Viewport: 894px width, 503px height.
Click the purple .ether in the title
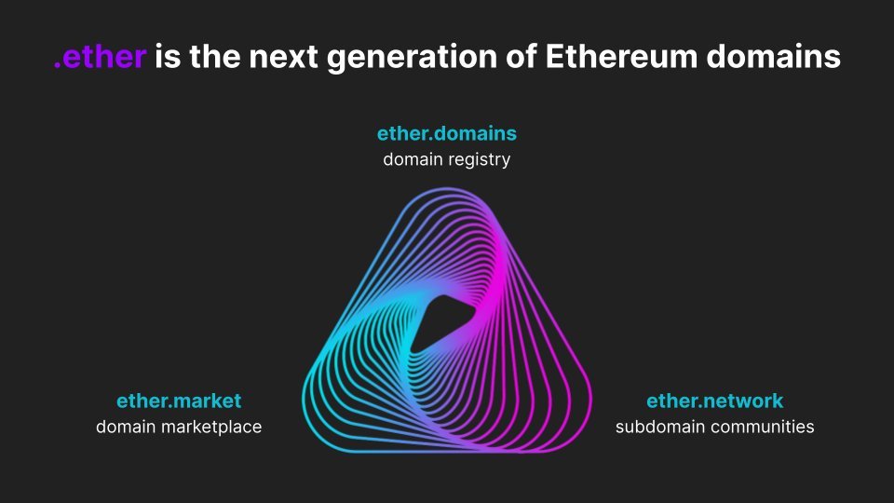pyautogui.click(x=101, y=57)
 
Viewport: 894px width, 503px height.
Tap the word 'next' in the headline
pyautogui.click(x=282, y=57)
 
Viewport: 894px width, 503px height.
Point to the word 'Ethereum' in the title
pyautogui.click(x=621, y=57)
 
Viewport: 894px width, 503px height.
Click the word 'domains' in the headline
pyautogui.click(x=774, y=57)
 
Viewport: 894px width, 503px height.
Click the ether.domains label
pyautogui.click(x=447, y=133)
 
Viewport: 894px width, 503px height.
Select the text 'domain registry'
pyautogui.click(x=447, y=159)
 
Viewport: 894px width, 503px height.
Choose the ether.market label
pyautogui.click(x=179, y=401)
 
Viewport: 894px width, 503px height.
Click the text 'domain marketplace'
pyautogui.click(x=179, y=428)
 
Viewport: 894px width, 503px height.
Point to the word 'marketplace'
pyautogui.click(x=211, y=428)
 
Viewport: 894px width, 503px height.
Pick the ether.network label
pyautogui.click(x=715, y=401)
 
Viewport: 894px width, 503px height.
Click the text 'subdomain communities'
pyautogui.click(x=715, y=427)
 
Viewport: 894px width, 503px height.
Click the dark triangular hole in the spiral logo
pyautogui.click(x=439, y=322)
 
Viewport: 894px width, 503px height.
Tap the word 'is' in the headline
pyautogui.click(x=169, y=57)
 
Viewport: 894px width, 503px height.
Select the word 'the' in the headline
pyautogui.click(x=215, y=57)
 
